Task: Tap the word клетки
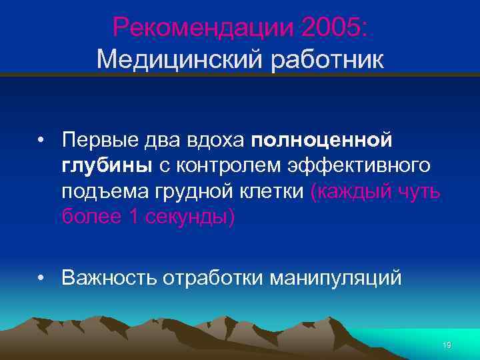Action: click(x=273, y=192)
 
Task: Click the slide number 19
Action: click(x=447, y=345)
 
